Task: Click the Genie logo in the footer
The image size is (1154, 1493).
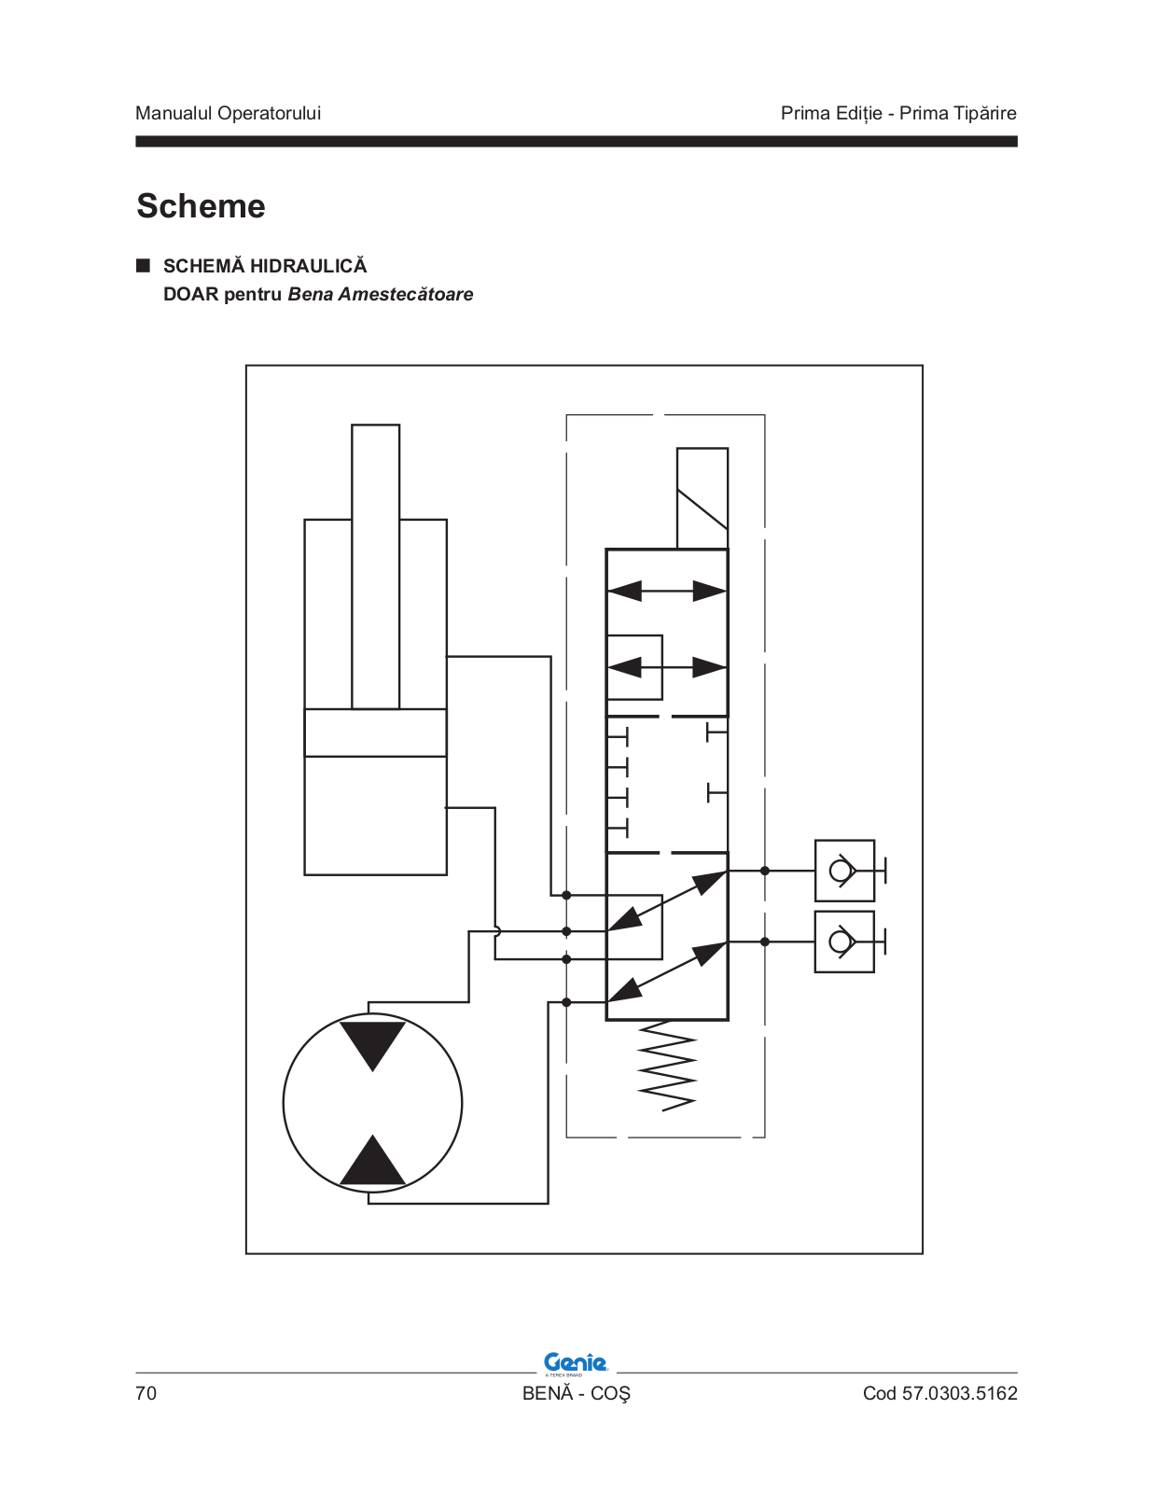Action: (x=576, y=1364)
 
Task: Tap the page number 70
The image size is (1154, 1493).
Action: (x=146, y=1393)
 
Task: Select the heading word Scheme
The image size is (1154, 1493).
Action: (x=201, y=205)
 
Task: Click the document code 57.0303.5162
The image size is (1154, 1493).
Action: (x=959, y=1393)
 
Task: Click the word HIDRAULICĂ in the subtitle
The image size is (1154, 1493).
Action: (x=309, y=265)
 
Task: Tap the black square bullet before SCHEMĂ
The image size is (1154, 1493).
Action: (x=143, y=266)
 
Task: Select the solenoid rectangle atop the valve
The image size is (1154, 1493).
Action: (x=702, y=498)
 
